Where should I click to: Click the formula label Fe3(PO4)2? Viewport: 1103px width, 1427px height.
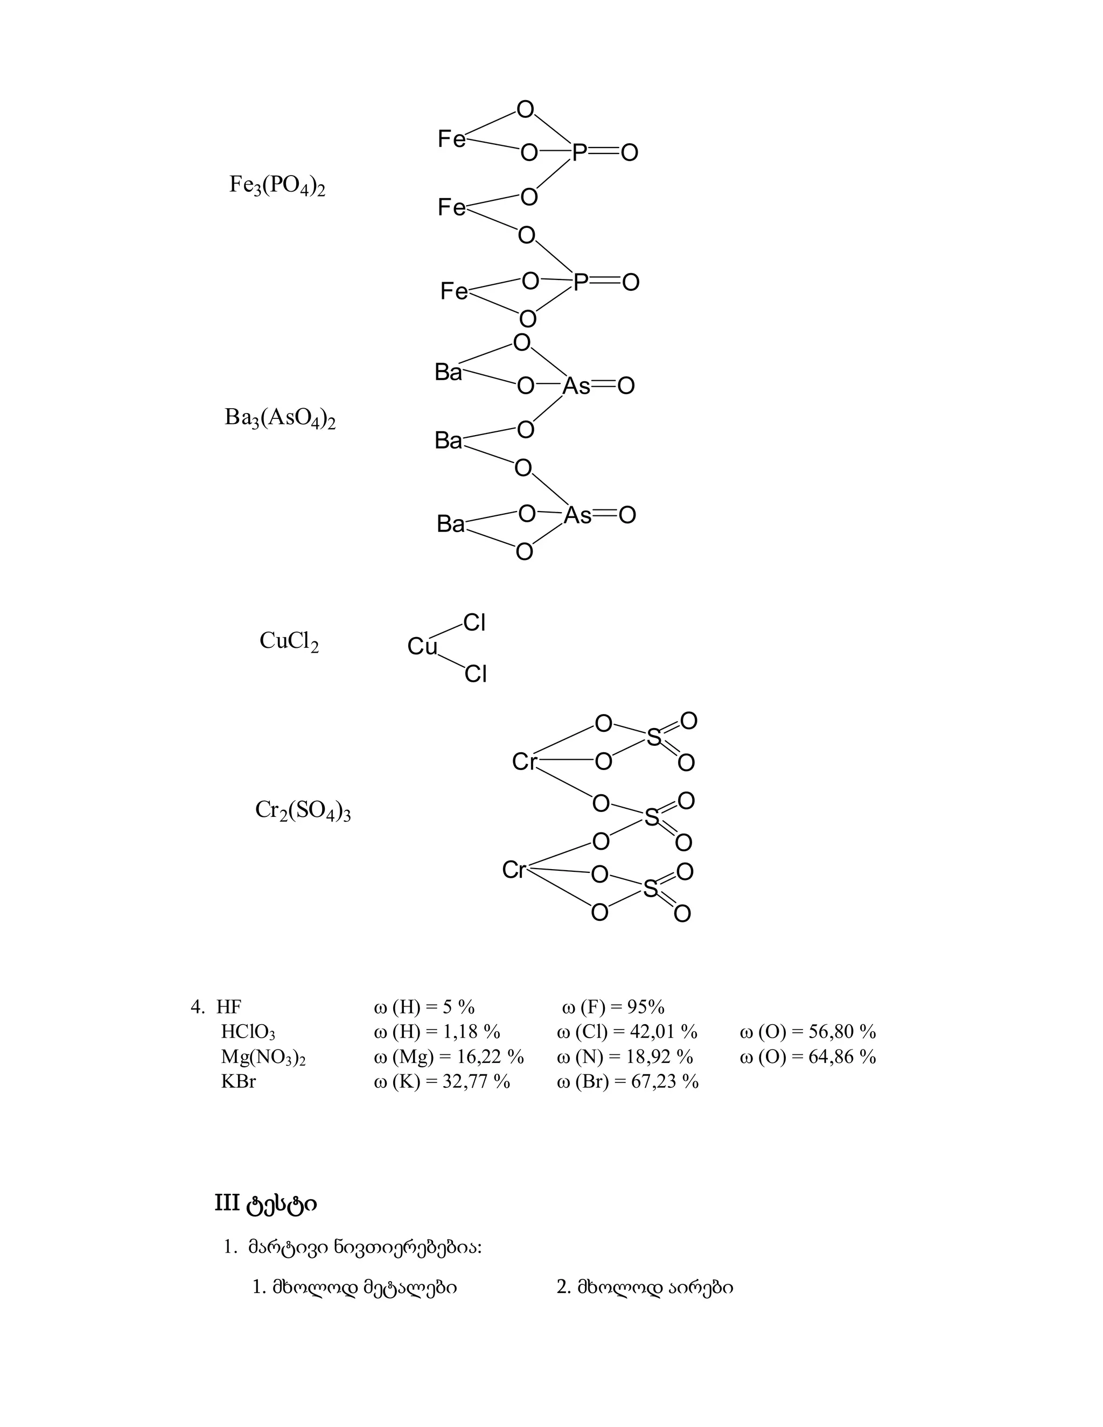click(277, 186)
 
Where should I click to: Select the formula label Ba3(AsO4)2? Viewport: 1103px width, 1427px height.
click(280, 418)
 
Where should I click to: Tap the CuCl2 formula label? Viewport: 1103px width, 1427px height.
click(289, 642)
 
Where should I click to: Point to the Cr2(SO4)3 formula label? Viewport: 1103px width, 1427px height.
click(303, 812)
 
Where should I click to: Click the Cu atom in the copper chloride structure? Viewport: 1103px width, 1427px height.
click(422, 647)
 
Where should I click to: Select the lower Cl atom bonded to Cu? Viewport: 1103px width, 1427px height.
click(476, 674)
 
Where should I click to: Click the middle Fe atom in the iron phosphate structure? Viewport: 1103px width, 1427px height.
click(451, 208)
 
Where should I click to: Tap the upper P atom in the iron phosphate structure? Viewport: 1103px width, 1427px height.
click(580, 153)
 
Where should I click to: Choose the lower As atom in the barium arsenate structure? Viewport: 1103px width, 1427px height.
click(578, 515)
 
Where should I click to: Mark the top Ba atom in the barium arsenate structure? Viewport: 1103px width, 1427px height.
click(448, 373)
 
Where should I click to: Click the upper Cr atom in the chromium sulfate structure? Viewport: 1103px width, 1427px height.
click(524, 762)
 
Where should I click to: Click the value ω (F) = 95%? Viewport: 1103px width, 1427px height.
click(613, 1007)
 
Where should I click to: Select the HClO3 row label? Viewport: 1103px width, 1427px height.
click(248, 1032)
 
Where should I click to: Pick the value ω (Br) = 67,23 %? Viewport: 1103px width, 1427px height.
click(627, 1081)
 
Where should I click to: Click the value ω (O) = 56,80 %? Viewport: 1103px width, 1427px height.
click(808, 1032)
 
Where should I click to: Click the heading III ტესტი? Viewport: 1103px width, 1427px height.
click(266, 1203)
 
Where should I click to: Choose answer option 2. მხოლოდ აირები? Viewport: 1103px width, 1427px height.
click(644, 1287)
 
